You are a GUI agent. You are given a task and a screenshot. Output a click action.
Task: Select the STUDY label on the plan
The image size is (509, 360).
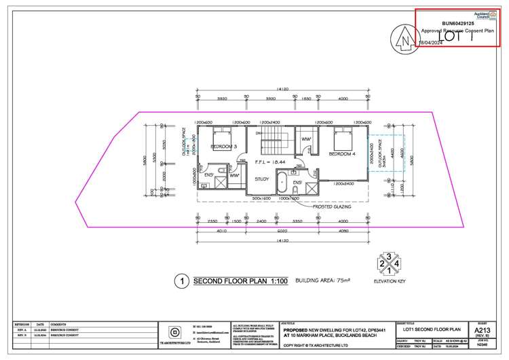(x=261, y=179)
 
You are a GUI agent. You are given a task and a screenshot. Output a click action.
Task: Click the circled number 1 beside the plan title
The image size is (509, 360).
(x=180, y=281)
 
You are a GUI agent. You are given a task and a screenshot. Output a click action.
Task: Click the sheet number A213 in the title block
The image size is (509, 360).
(x=483, y=330)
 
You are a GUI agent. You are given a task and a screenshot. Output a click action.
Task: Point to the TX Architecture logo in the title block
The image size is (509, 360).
(x=176, y=332)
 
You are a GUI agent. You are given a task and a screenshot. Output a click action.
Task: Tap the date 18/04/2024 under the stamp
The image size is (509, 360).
(x=432, y=42)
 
